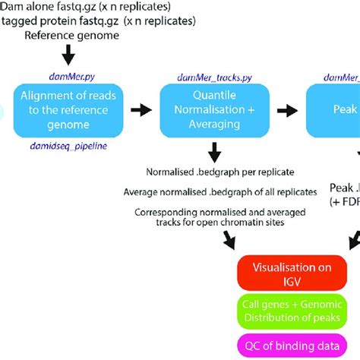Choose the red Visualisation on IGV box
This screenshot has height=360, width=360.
(292, 272)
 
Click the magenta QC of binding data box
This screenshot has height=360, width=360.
(292, 346)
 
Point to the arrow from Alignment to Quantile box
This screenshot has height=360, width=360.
(141, 110)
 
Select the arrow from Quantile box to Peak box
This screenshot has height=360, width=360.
(285, 110)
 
